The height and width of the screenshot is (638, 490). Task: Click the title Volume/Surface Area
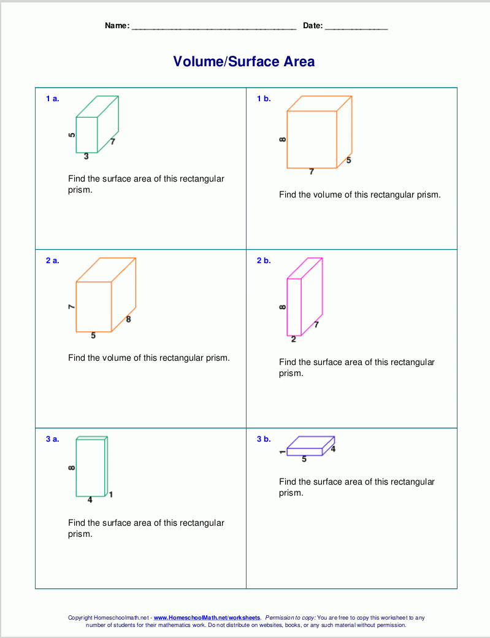pos(244,61)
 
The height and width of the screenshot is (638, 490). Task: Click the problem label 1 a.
pos(53,98)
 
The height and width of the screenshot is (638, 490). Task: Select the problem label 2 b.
pos(264,261)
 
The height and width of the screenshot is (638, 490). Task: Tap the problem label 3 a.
pos(53,439)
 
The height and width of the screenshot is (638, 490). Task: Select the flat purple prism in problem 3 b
pos(310,446)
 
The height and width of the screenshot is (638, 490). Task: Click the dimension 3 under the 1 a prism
pos(86,156)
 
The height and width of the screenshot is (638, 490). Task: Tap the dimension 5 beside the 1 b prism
pos(348,161)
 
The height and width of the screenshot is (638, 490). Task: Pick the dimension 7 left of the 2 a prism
pos(72,306)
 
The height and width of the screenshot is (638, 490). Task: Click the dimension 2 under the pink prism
pos(294,340)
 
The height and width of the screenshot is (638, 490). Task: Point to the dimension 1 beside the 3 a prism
pos(111,494)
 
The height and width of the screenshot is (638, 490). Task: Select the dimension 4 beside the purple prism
pos(333,449)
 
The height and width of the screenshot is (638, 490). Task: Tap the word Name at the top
pos(117,26)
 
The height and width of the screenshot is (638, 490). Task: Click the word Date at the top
pos(312,26)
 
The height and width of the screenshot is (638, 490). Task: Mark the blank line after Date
pos(356,27)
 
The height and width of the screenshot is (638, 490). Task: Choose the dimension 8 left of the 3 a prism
pos(72,468)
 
